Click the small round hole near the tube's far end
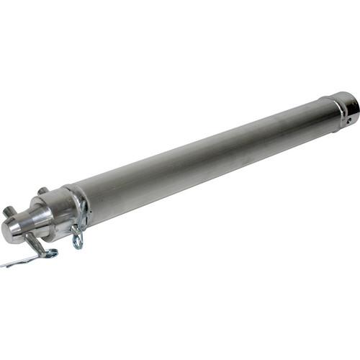point(350,121)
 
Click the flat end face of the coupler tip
point(8,230)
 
